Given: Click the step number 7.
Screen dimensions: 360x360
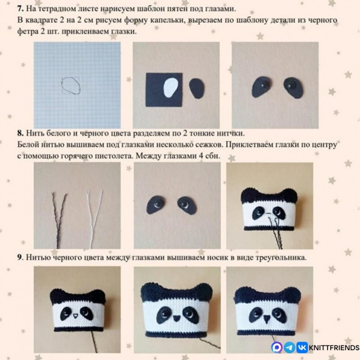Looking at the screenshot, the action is coord(20,9).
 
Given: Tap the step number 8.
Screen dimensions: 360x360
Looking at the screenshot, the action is coord(20,133).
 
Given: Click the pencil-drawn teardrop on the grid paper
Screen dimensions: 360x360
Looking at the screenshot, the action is coord(71,86).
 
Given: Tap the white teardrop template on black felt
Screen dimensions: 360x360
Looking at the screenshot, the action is coord(171,88).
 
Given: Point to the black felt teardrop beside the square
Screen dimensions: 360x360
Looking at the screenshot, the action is coord(197,88).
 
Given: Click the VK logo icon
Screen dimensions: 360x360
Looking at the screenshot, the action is coord(302,347).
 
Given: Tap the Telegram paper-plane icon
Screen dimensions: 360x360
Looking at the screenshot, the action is coord(290,347).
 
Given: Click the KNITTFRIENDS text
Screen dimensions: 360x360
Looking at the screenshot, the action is coord(334,347).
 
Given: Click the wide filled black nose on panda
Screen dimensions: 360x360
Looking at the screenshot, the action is coord(176,318).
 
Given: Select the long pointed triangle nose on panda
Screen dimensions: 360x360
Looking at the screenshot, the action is coord(267,319).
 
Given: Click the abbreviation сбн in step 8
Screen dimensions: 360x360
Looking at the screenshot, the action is coord(212,156).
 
